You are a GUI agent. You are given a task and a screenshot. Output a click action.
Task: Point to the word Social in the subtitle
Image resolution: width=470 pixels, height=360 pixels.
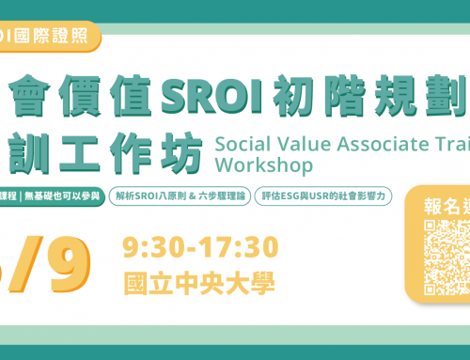click(x=245, y=143)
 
